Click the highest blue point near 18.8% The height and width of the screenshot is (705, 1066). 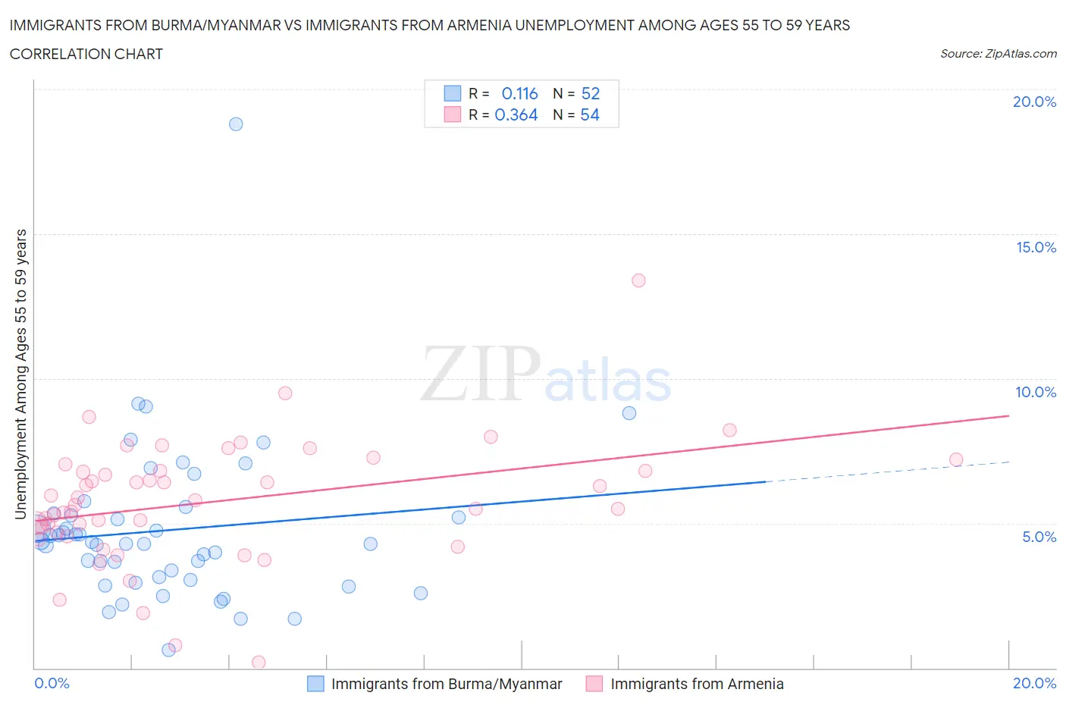click(236, 124)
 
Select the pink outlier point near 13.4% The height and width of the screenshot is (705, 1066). click(638, 280)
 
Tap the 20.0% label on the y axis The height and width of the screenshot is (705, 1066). click(1034, 102)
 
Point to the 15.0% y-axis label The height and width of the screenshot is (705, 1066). click(1036, 247)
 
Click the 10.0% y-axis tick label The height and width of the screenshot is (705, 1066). click(1036, 392)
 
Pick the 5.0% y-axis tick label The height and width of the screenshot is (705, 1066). click(1039, 537)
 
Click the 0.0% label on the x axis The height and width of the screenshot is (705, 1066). click(52, 683)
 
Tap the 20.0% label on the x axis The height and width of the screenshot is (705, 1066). click(1034, 683)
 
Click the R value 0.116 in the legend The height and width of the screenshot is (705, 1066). click(519, 93)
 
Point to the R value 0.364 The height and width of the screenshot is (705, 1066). click(516, 114)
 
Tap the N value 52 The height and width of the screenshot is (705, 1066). click(591, 93)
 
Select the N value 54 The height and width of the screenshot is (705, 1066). click(590, 114)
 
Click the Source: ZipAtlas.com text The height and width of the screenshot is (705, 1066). click(999, 54)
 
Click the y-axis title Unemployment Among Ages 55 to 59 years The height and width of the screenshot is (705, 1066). click(20, 374)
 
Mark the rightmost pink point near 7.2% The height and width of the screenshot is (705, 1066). click(956, 460)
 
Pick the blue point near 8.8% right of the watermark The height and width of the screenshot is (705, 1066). click(629, 413)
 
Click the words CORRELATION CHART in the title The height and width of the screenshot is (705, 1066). click(86, 54)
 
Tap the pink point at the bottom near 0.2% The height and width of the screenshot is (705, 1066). click(259, 663)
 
